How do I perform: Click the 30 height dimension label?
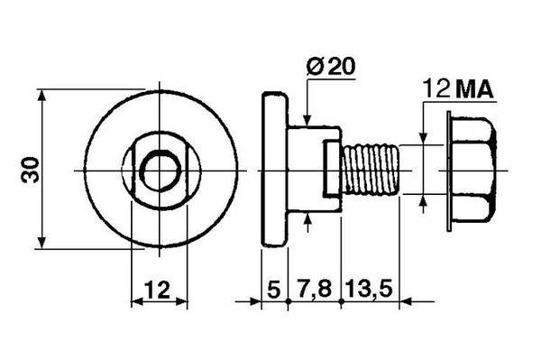click(30, 170)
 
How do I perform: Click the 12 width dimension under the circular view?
click(157, 290)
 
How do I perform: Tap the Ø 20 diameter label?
click(330, 66)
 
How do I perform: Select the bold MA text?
click(474, 90)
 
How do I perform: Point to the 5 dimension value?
click(273, 290)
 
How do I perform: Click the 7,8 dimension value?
click(314, 290)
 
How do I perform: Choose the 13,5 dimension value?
click(369, 290)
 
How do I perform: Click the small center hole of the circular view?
click(160, 171)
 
